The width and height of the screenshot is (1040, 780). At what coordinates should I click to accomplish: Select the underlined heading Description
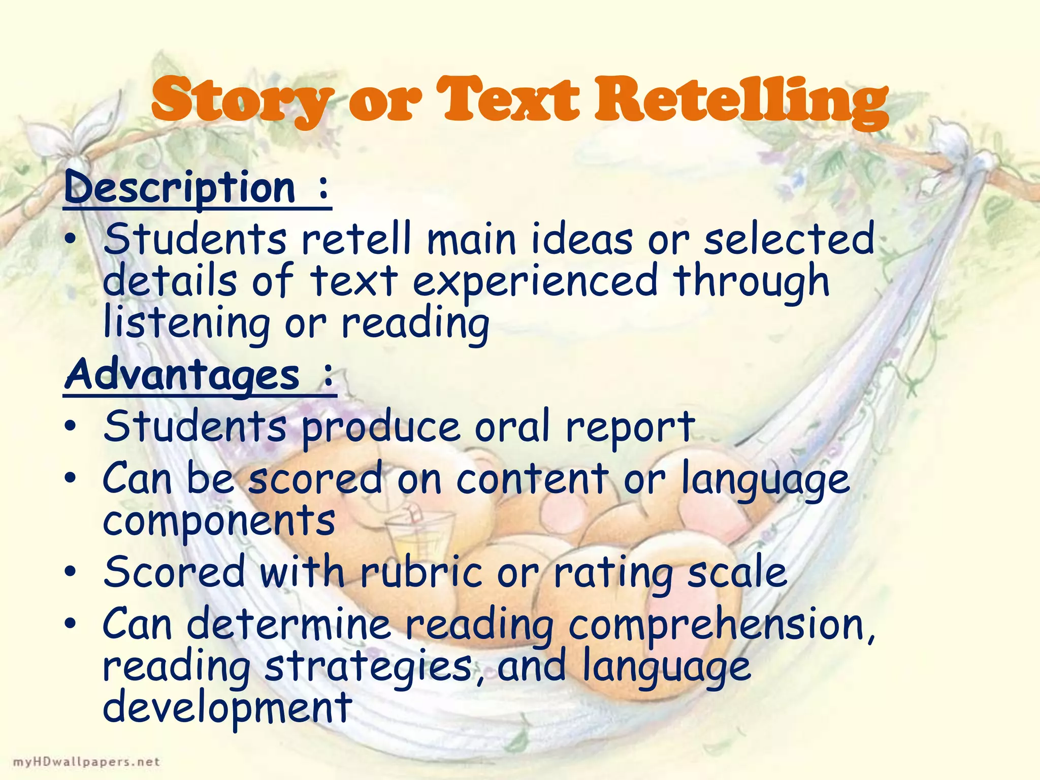[x=180, y=188]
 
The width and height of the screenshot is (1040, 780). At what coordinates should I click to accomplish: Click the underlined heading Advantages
[x=182, y=376]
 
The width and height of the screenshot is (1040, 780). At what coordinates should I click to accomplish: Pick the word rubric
[x=421, y=572]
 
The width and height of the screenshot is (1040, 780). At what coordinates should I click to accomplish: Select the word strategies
[x=369, y=666]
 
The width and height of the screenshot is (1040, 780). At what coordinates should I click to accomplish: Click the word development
[x=227, y=708]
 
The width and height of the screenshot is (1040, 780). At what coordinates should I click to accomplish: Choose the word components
[x=219, y=521]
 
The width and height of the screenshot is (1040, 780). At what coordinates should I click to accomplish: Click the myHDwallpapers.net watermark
[x=86, y=762]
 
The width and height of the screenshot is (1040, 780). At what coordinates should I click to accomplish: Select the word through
[x=752, y=282]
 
